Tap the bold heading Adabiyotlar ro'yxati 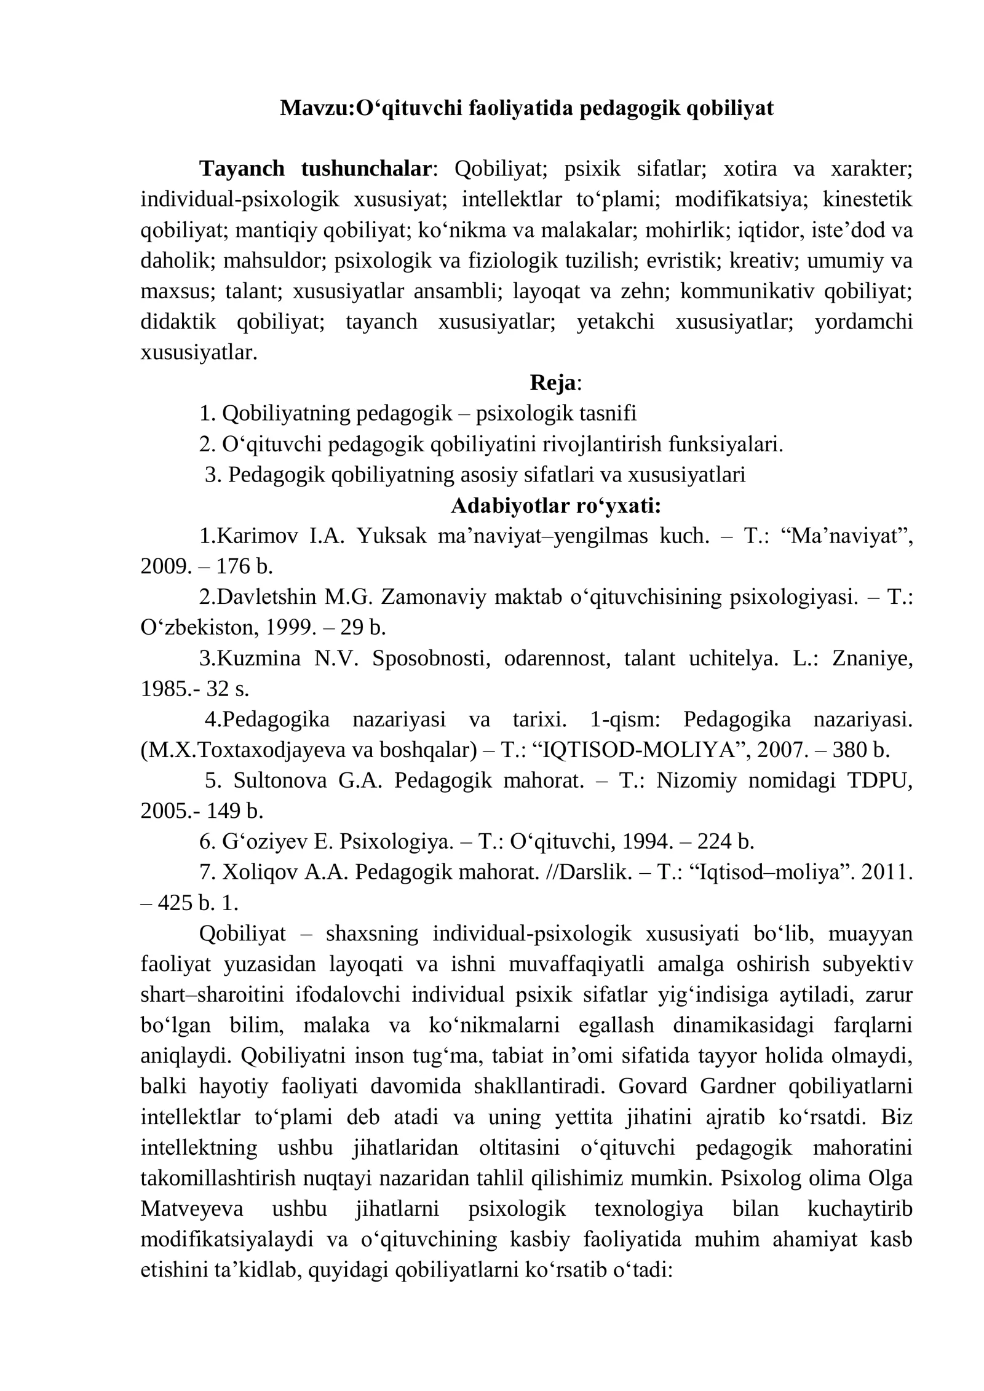(x=556, y=505)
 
